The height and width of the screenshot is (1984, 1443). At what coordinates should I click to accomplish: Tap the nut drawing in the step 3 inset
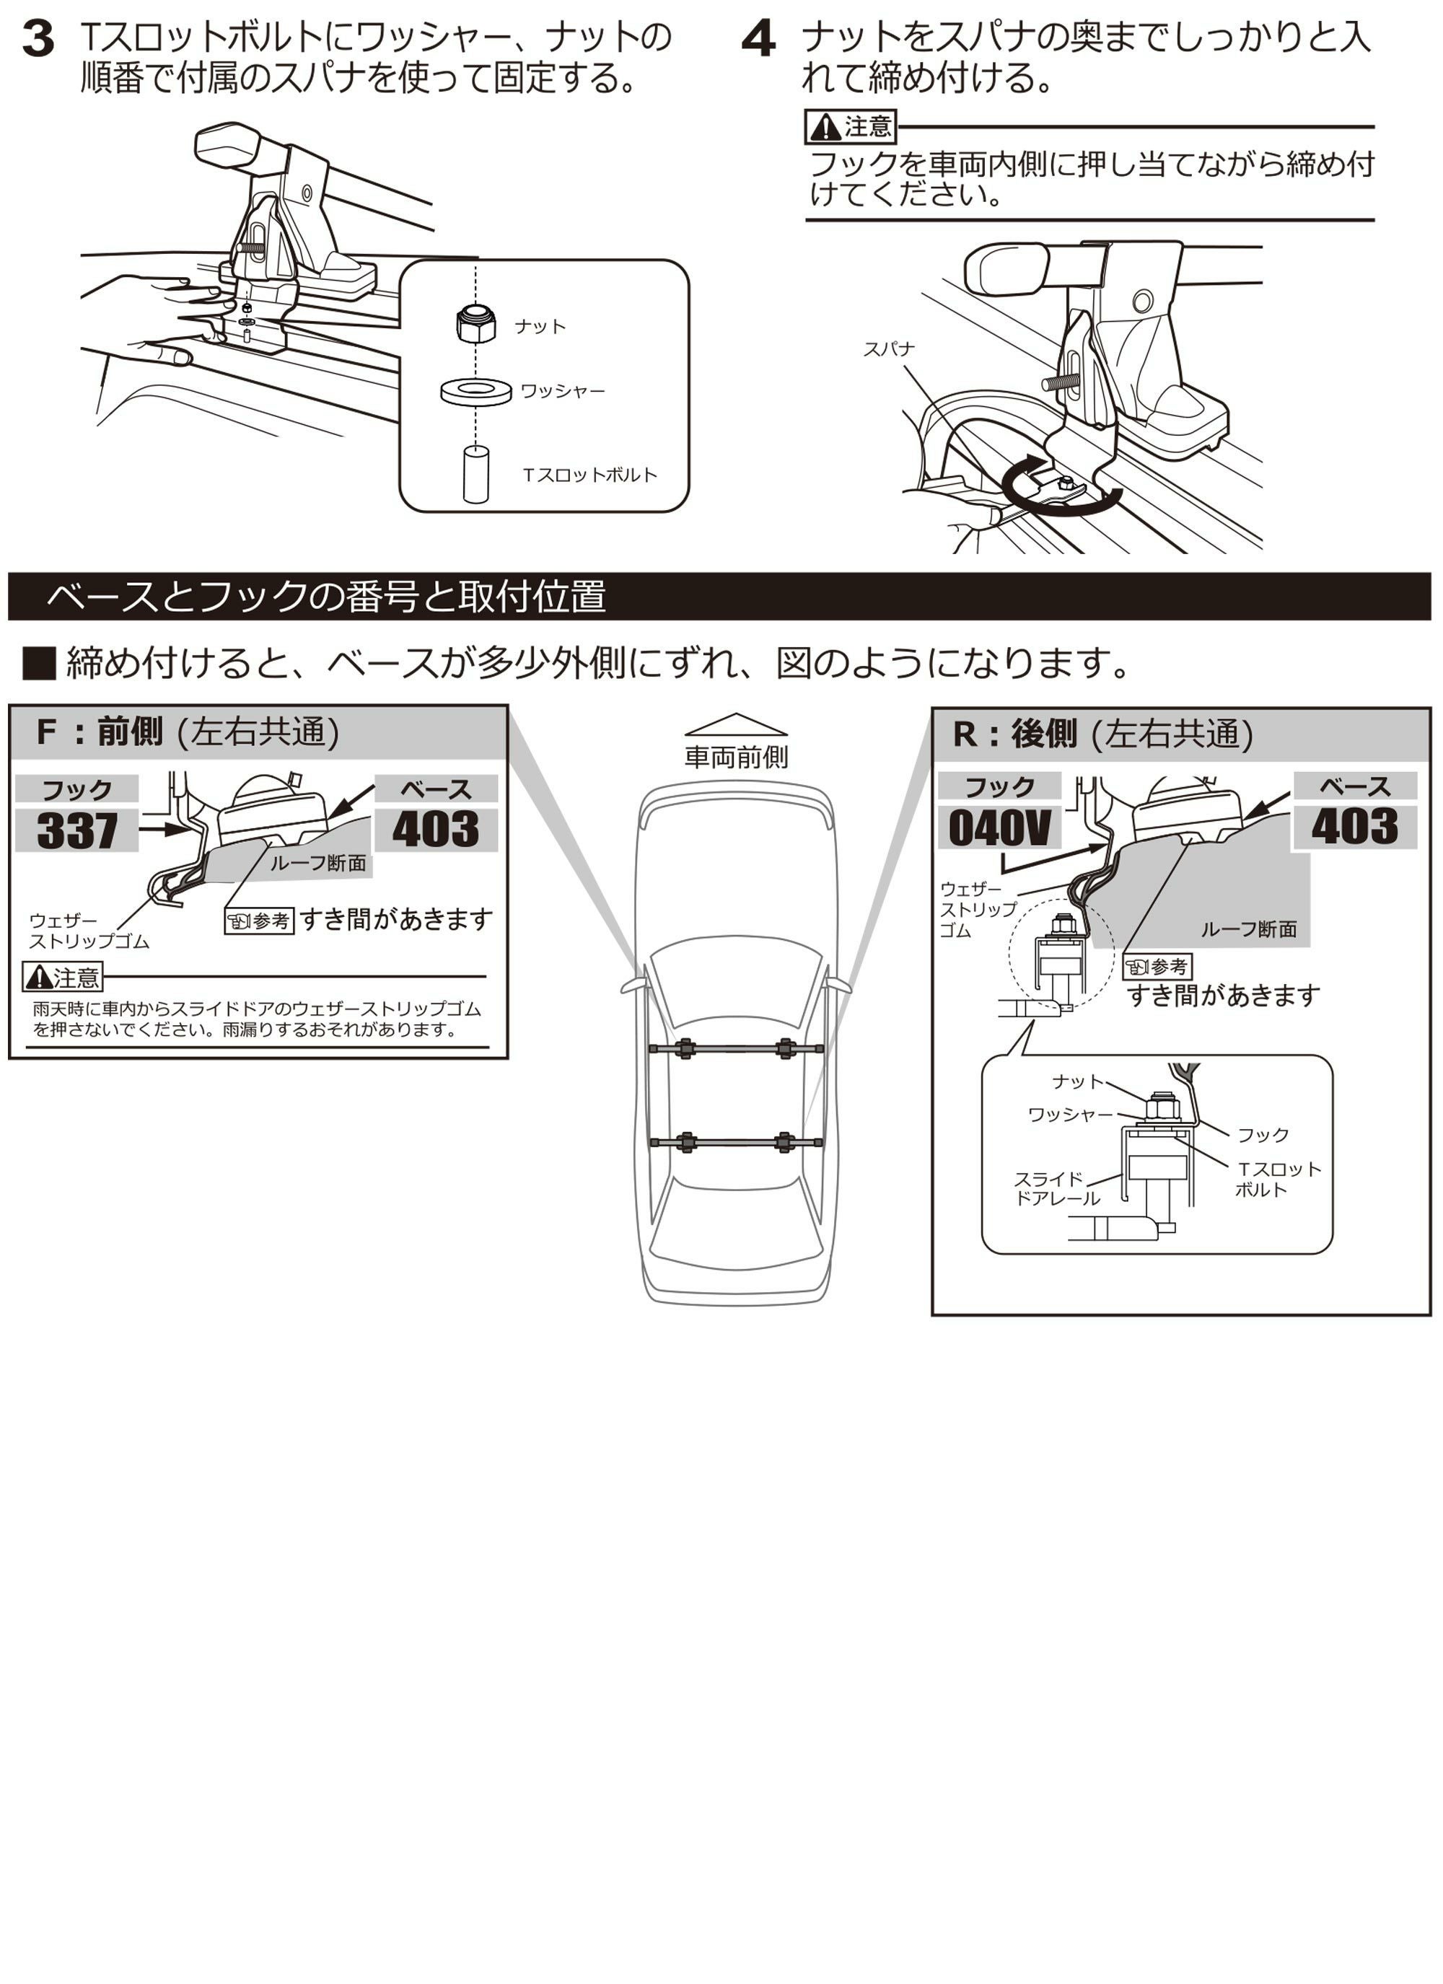[475, 325]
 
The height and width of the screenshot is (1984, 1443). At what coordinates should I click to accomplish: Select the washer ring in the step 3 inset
[475, 390]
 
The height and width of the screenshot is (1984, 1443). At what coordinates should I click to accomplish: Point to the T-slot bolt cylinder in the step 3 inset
[475, 474]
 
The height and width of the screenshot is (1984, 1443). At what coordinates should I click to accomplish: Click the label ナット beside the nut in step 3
[540, 326]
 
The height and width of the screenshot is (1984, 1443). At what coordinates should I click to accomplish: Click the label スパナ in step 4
[888, 349]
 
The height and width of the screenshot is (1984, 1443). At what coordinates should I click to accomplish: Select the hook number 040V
[999, 828]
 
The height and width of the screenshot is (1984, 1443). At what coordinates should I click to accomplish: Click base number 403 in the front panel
[435, 828]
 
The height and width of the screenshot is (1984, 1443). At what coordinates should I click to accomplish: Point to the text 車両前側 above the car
[736, 757]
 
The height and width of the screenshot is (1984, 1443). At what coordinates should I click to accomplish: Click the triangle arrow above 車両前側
[736, 724]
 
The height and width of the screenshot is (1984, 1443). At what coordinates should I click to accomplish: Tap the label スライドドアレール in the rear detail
[1056, 1189]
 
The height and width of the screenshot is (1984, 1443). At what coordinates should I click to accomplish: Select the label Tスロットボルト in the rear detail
[1277, 1178]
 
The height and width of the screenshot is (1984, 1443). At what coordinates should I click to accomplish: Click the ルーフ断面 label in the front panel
[317, 864]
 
